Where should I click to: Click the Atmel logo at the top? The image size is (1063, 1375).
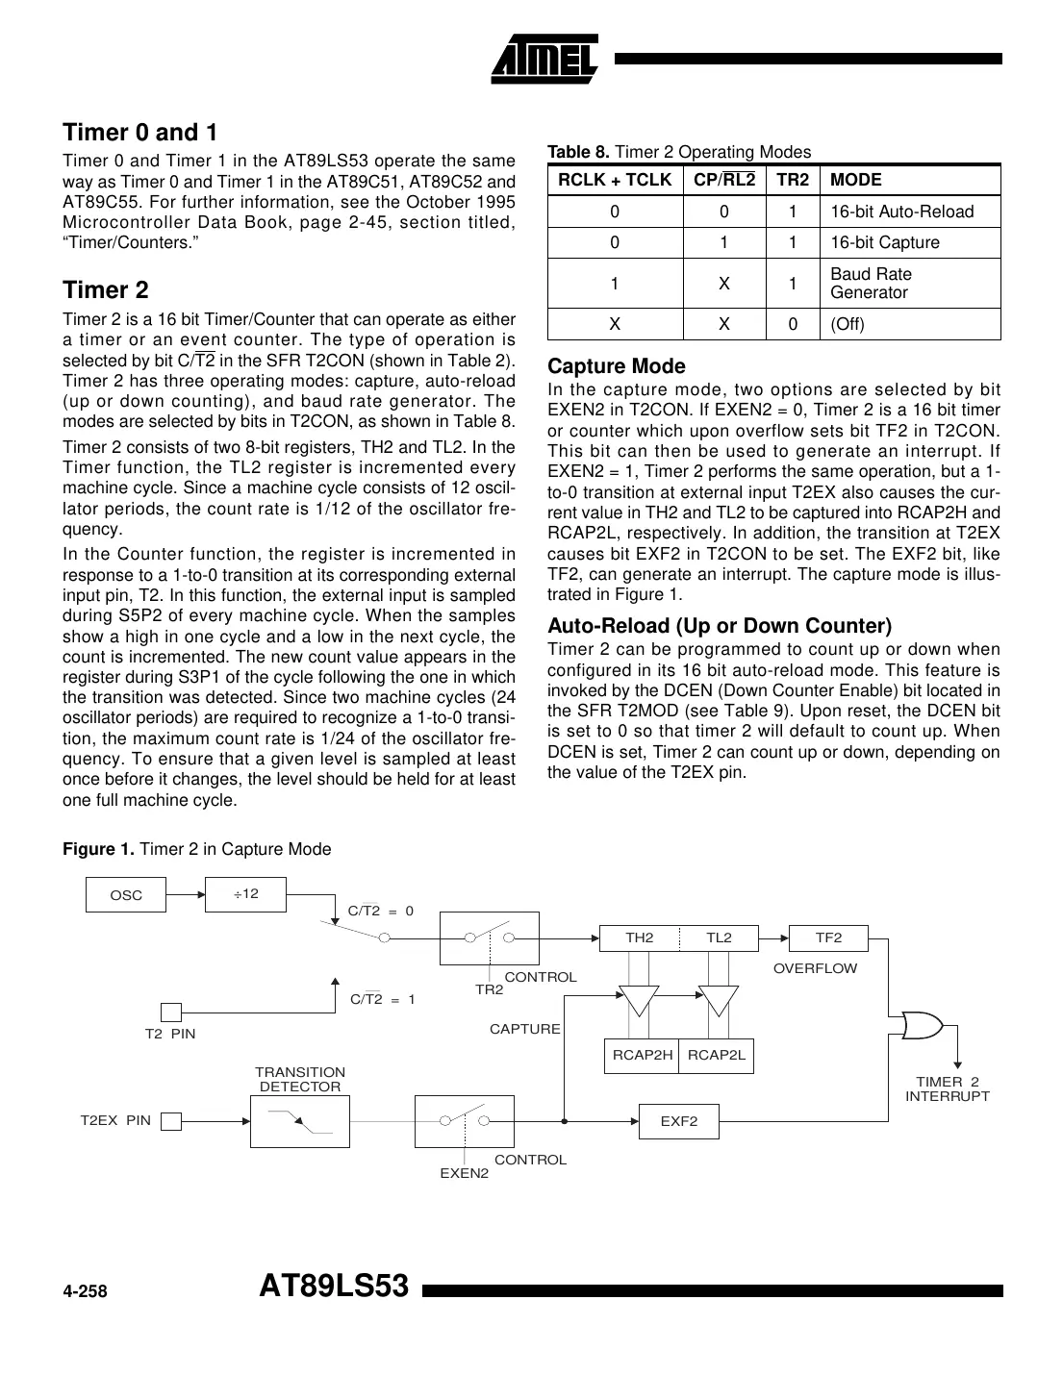[x=545, y=57]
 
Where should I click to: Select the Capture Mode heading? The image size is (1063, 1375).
[x=616, y=366]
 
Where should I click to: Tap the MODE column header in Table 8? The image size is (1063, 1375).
[x=855, y=180]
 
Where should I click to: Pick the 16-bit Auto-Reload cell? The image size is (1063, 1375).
[x=901, y=212]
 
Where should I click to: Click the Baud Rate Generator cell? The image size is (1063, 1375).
[x=871, y=283]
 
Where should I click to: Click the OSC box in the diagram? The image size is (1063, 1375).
[x=126, y=895]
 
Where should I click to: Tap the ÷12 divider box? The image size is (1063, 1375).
[x=245, y=894]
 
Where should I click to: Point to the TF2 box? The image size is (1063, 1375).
[x=827, y=937]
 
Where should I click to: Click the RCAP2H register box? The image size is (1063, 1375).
[x=642, y=1055]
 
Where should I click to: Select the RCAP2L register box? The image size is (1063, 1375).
[x=717, y=1055]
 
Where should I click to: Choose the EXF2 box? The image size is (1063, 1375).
[x=678, y=1121]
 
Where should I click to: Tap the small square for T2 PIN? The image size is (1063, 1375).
[x=170, y=1012]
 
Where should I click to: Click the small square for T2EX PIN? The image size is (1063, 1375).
[x=170, y=1121]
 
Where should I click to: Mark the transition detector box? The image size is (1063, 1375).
[x=299, y=1121]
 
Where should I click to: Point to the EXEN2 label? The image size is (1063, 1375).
[x=464, y=1173]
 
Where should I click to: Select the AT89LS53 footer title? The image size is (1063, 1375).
[x=334, y=1287]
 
